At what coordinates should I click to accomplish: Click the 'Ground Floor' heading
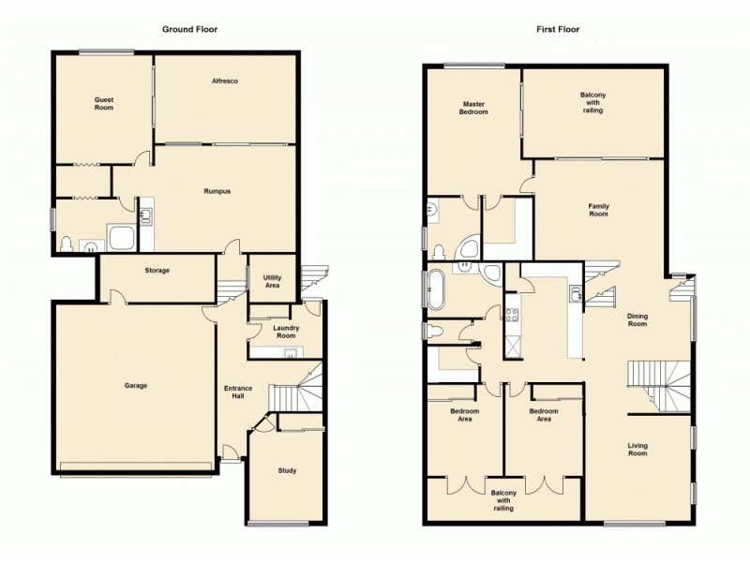pos(189,29)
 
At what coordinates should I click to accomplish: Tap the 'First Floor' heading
pos(558,29)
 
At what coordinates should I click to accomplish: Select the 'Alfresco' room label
pos(224,82)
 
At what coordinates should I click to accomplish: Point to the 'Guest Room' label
pos(103,103)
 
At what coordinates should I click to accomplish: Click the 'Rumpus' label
pos(217,191)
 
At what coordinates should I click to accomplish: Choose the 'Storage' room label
pos(157,271)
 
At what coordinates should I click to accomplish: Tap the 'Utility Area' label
pos(273,280)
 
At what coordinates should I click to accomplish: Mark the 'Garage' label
pos(136,385)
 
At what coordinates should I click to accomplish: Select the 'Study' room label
pos(287,470)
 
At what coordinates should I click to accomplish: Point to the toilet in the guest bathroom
pos(66,245)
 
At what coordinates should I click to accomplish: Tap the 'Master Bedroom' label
pos(473,108)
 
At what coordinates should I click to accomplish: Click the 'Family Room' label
pos(598,209)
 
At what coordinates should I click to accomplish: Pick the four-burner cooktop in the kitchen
pos(512,317)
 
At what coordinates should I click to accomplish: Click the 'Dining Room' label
pos(637,319)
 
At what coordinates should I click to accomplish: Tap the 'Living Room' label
pos(637,450)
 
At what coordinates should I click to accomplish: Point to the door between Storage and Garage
pos(115,298)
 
